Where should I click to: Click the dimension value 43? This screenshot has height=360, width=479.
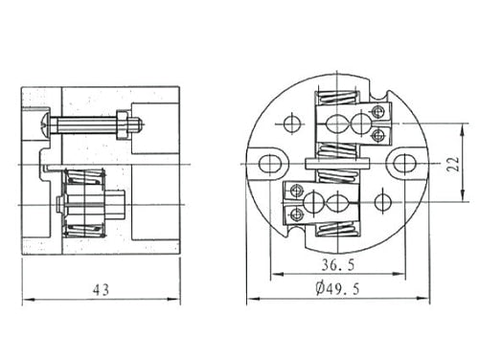101,290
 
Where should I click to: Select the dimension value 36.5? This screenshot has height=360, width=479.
338,265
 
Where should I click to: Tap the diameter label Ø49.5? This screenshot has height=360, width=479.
337,288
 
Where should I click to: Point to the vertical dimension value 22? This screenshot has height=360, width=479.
453,164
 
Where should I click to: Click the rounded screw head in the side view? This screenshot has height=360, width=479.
45,124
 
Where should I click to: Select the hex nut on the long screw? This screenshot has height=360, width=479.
123,124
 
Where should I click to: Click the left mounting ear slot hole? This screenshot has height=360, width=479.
269,164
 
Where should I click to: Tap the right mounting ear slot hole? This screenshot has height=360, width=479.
403,164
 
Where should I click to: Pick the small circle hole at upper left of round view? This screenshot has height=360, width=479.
292,124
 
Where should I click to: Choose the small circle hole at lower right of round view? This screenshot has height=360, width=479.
382,202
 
